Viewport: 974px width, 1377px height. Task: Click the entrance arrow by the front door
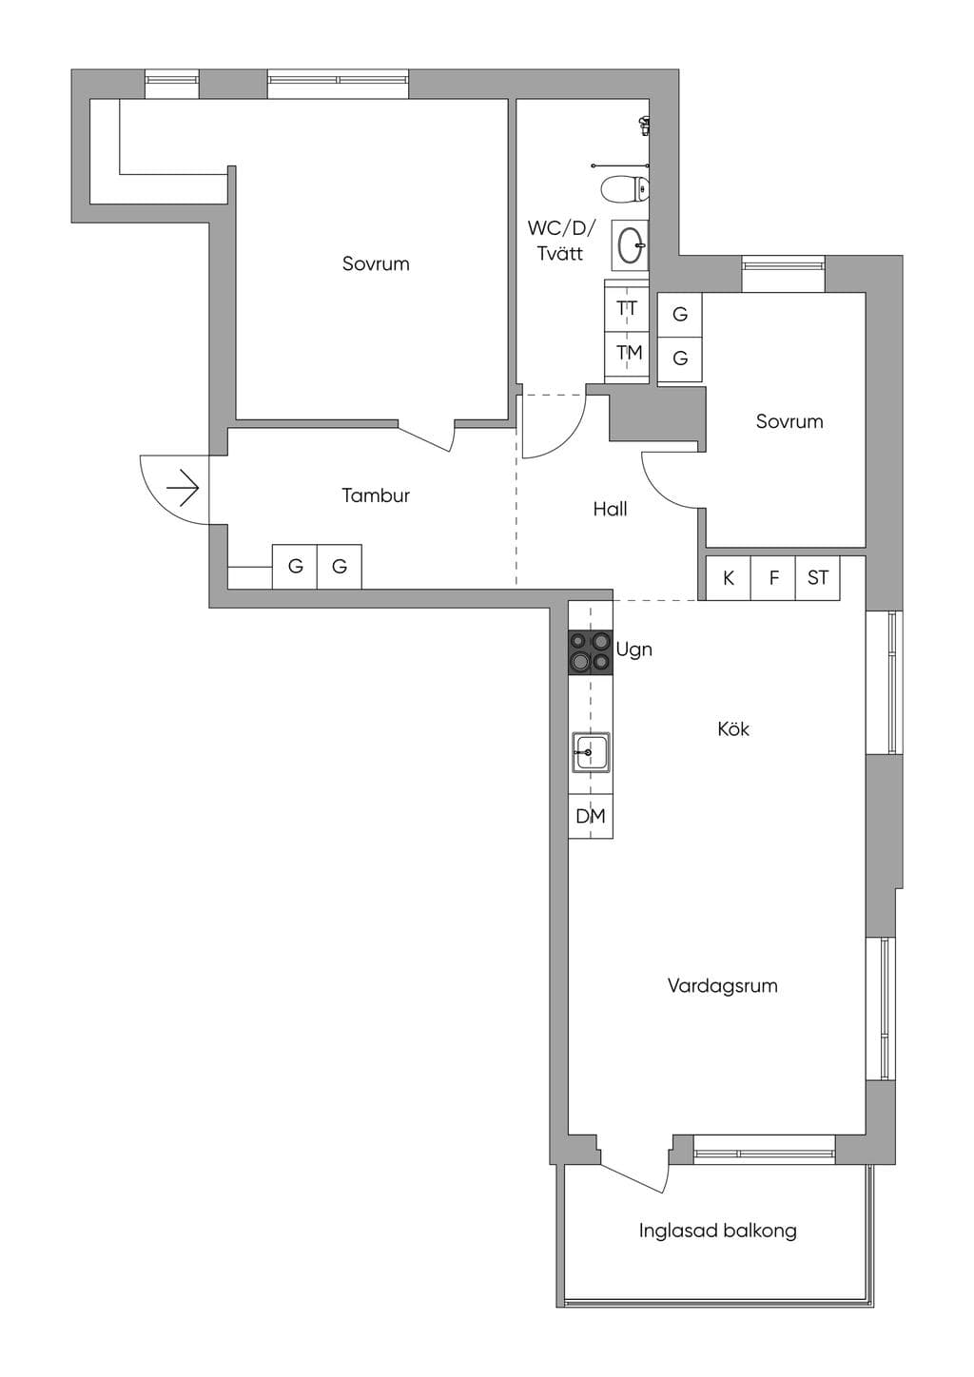183,489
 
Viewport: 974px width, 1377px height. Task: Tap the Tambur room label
376,495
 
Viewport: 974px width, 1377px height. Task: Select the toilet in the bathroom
624,188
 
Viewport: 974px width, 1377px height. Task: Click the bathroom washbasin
631,246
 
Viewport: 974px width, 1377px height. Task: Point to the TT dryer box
627,309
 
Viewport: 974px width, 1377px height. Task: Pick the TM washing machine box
627,354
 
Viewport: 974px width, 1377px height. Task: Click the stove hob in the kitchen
591,653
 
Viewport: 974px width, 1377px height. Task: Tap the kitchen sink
591,751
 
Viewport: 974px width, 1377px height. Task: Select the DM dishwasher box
591,816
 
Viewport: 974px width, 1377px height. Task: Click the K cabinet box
728,578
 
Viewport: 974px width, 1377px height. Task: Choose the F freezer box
773,578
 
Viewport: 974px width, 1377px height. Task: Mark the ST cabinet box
818,578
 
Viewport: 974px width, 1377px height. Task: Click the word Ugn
634,650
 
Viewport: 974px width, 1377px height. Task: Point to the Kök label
733,729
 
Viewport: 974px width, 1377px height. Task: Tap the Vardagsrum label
723,985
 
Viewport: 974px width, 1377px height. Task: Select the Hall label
610,509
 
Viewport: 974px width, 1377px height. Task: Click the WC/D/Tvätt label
560,241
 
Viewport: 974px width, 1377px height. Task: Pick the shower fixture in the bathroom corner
643,126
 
